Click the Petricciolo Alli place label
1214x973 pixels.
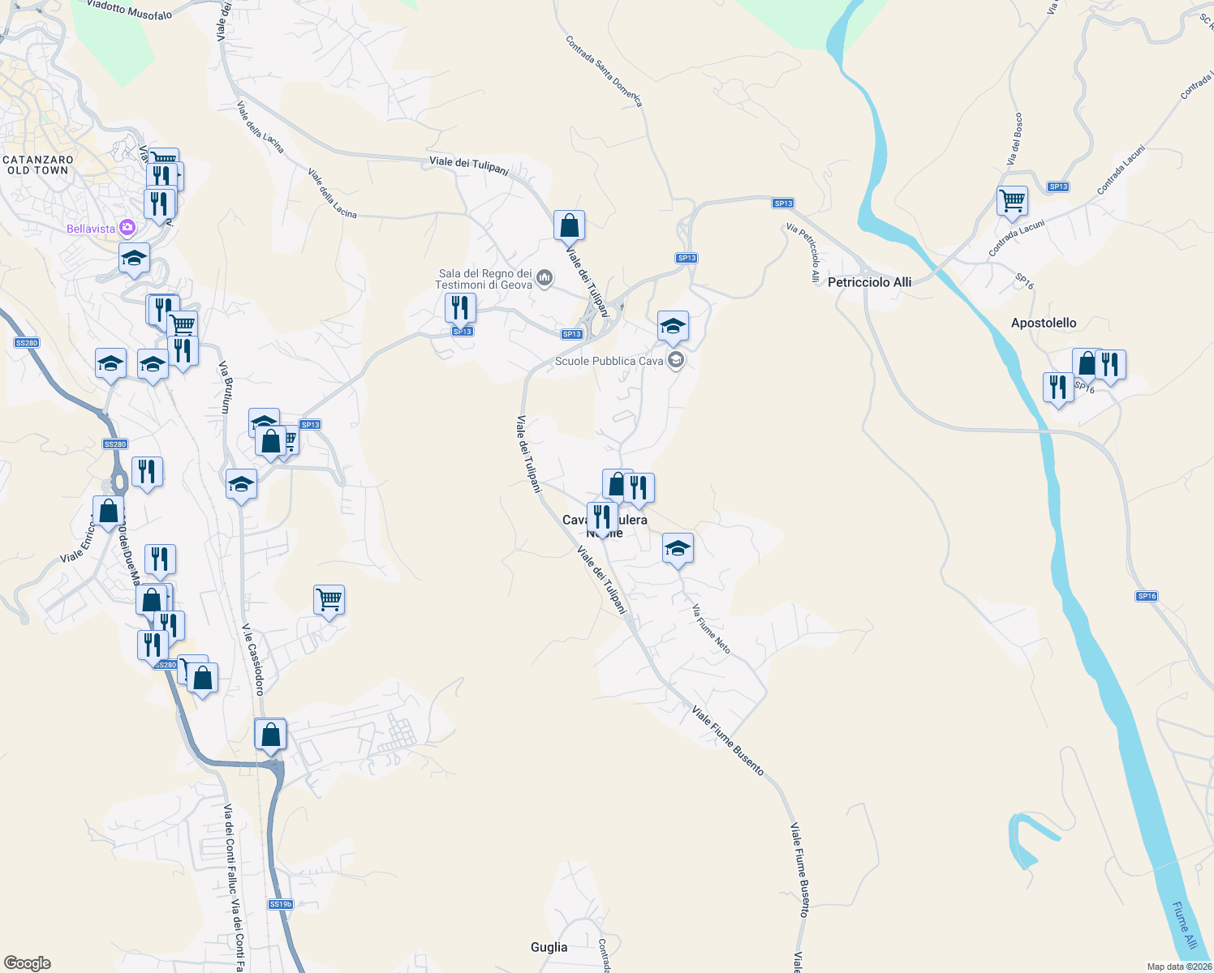pyautogui.click(x=869, y=282)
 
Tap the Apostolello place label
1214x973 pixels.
pyautogui.click(x=1044, y=323)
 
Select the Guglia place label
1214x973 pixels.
pyautogui.click(x=549, y=947)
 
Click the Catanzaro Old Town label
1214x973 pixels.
pyautogui.click(x=38, y=165)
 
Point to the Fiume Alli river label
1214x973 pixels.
pyautogui.click(x=1184, y=925)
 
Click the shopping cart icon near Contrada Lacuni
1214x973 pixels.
pyautogui.click(x=1012, y=199)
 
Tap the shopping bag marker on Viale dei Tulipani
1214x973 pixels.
pyautogui.click(x=569, y=225)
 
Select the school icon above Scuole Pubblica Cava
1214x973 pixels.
pyautogui.click(x=673, y=326)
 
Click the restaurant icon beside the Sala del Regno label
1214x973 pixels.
pyautogui.click(x=460, y=307)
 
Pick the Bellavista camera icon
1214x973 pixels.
pyautogui.click(x=127, y=228)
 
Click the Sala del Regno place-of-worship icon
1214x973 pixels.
pyautogui.click(x=545, y=279)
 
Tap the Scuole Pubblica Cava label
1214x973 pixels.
pyautogui.click(x=609, y=361)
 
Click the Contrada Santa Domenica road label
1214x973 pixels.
pyautogui.click(x=604, y=71)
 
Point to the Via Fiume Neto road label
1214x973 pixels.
pyautogui.click(x=711, y=628)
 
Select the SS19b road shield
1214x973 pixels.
pyautogui.click(x=280, y=904)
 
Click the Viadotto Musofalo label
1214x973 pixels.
pyautogui.click(x=129, y=9)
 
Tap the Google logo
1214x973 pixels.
pyautogui.click(x=28, y=963)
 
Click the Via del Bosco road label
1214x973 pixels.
pyautogui.click(x=1015, y=139)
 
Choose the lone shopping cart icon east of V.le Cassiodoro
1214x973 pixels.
pyautogui.click(x=329, y=600)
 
